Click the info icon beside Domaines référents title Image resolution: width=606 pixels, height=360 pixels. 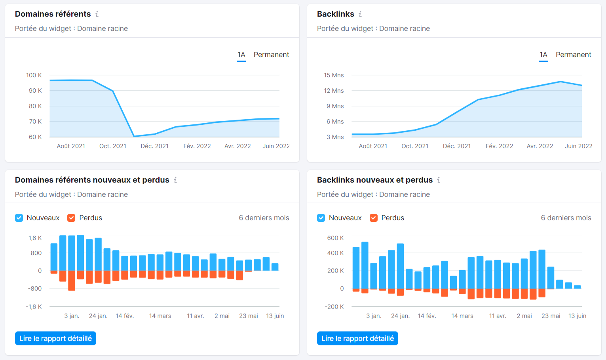click(97, 14)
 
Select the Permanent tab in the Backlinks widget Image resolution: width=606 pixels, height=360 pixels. click(573, 55)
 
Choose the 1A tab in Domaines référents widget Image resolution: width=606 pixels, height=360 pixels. click(241, 55)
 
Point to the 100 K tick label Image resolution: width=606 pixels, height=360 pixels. click(34, 75)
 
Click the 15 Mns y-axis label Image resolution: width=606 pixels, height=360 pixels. click(334, 75)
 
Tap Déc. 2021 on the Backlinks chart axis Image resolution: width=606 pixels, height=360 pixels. click(457, 146)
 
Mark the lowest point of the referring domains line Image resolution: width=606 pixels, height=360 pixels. click(134, 136)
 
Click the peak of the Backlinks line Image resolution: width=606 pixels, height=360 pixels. click(560, 82)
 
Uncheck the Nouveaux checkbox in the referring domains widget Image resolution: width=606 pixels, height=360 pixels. click(19, 218)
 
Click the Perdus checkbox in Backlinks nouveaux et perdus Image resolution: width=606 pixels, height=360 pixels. click(373, 218)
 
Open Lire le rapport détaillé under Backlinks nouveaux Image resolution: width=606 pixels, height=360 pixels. click(357, 338)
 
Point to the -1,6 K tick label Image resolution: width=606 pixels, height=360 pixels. click(34, 307)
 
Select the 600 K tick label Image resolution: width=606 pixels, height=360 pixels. click(335, 238)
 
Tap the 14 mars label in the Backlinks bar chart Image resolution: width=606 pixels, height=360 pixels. click(462, 316)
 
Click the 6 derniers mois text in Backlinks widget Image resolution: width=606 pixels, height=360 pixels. click(566, 218)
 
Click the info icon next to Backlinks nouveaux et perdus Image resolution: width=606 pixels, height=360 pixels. click(439, 180)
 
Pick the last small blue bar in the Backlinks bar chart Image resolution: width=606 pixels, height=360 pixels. click(577, 287)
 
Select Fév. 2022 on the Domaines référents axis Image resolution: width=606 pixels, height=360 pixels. click(197, 146)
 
